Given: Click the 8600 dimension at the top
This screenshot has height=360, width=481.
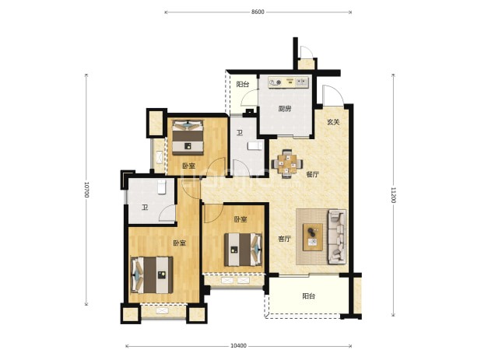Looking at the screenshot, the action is coord(258,12).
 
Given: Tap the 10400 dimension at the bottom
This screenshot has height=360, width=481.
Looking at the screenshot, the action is coord(238,346).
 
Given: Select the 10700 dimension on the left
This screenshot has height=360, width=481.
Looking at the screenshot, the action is coord(86,190).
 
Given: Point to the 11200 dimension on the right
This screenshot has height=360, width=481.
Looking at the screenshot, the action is coord(393,195).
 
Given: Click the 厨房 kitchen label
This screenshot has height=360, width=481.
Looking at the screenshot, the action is coord(285,109).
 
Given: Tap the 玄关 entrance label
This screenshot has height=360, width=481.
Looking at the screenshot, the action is coord(333,122).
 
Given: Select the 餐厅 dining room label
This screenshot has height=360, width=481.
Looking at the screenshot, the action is coord(312,175).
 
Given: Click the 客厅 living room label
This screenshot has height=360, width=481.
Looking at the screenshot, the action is coord(284,239).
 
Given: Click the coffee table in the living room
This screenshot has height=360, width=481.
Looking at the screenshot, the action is coord(313,237).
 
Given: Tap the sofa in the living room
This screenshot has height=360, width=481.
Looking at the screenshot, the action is coord(337,236).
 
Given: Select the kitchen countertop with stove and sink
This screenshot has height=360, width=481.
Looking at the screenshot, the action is coord(288,82).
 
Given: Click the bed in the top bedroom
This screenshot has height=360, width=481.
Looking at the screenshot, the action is coord(188,138).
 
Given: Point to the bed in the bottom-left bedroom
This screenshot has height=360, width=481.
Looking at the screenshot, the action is coord(152,275).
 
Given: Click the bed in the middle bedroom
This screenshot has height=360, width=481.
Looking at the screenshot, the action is coord(243,250).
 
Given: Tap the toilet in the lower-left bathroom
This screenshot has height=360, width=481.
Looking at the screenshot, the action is coord(162,187).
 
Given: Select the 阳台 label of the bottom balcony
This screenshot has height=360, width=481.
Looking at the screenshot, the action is coord(308,296).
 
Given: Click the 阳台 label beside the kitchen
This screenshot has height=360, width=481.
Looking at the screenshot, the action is coord(243,84).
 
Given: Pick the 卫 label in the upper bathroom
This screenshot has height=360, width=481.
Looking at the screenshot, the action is coord(240,133).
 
